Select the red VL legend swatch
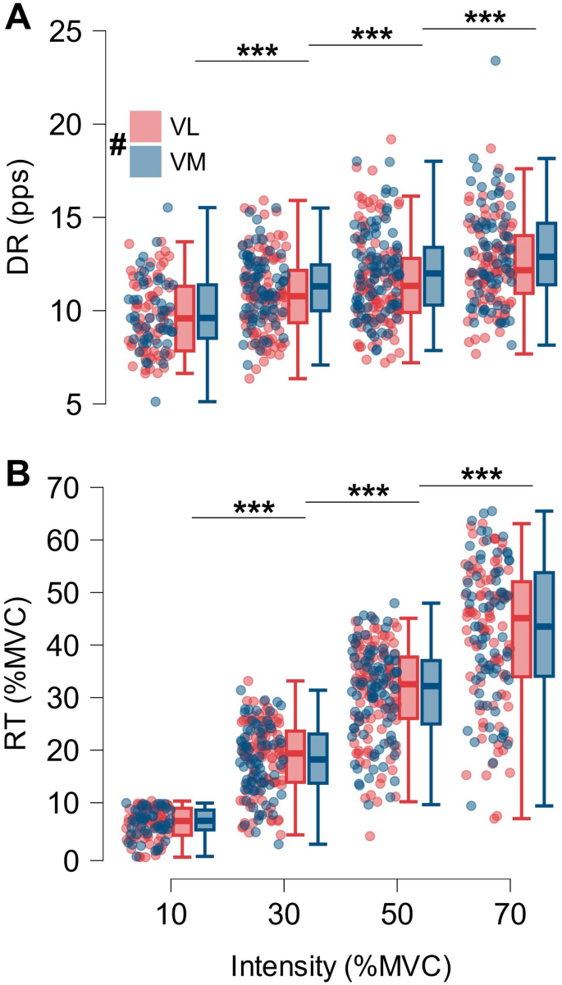(x=145, y=126)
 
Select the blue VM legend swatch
(x=145, y=161)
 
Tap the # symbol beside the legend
(x=118, y=146)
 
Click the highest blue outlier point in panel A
(x=495, y=61)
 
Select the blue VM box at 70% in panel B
(x=545, y=624)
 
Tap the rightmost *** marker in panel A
(x=484, y=16)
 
